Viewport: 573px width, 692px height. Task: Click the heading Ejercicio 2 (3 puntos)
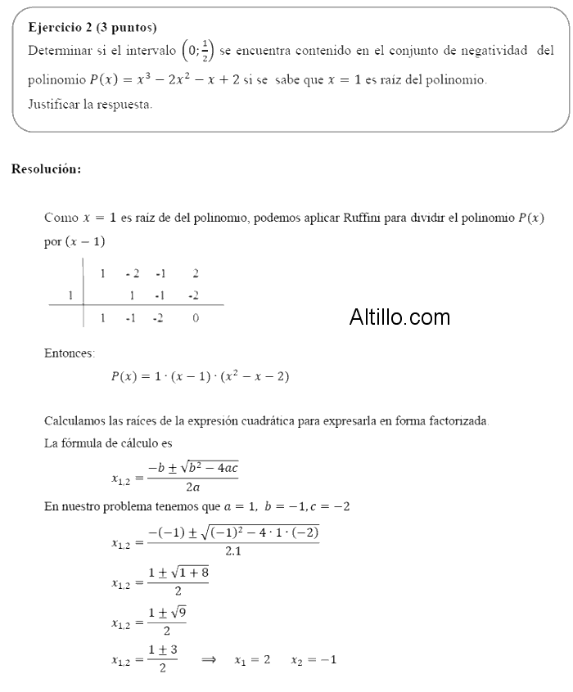point(92,28)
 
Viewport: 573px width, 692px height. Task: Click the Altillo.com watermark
point(399,317)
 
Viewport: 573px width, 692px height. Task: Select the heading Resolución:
point(46,169)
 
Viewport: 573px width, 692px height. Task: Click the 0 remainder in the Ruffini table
point(196,318)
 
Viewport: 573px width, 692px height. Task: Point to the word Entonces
point(69,353)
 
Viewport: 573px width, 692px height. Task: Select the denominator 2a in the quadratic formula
point(193,486)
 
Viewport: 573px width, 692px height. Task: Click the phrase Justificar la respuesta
point(90,105)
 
